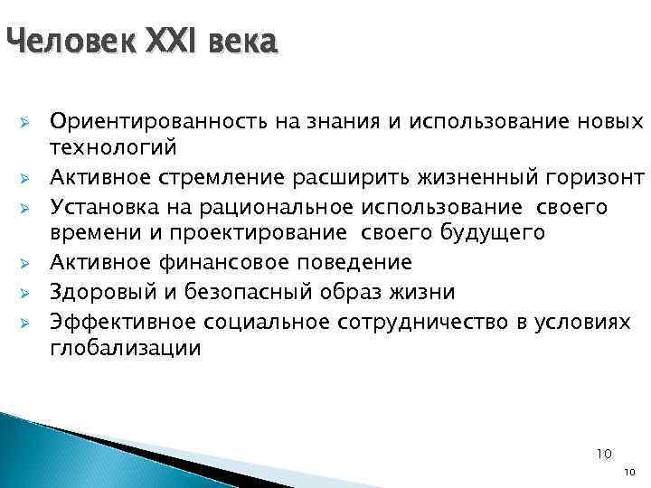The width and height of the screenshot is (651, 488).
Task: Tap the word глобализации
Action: click(126, 349)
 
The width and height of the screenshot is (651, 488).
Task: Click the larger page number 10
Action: click(605, 451)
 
